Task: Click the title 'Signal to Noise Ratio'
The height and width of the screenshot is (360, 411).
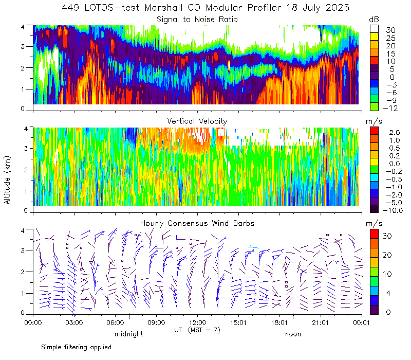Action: (197, 20)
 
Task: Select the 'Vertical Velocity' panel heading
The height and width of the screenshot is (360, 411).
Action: (197, 121)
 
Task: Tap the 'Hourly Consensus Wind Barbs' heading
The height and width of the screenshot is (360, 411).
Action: (197, 223)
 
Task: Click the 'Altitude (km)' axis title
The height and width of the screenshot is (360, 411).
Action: (7, 180)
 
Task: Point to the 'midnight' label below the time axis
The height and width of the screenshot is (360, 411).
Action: (129, 334)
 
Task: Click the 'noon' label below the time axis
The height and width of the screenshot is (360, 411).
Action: (293, 334)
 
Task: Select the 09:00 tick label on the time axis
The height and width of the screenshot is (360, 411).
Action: (156, 322)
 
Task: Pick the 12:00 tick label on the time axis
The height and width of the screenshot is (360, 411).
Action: (197, 322)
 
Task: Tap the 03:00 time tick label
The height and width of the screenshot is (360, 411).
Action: (74, 322)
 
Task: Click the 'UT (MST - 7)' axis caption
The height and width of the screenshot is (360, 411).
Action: (197, 330)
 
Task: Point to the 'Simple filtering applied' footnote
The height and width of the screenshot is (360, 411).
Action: (76, 347)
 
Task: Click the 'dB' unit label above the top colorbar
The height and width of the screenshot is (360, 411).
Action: (374, 20)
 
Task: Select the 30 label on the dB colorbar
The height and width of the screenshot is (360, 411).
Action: (390, 30)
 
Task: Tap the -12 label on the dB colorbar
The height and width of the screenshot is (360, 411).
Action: (390, 108)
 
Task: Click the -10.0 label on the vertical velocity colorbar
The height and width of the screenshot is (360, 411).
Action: (393, 210)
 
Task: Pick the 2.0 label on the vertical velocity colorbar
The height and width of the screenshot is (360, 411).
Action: (395, 133)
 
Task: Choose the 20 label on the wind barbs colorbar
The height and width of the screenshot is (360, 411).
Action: (387, 255)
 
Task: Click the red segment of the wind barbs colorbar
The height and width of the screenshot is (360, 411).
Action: (374, 234)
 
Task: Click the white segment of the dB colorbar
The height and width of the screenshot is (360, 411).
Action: (374, 29)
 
